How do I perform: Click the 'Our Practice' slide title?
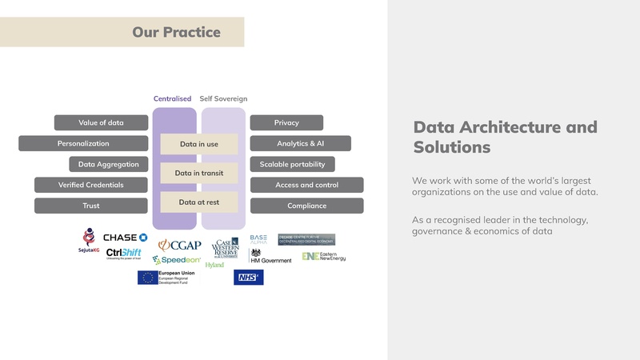pos(176,33)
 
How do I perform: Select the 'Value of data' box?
pos(101,122)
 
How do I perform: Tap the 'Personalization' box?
pos(83,143)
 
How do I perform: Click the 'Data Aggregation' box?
pos(108,164)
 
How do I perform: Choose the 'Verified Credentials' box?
pos(91,185)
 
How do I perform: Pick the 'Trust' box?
pos(91,206)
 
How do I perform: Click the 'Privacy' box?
pos(286,122)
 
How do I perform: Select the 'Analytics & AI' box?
pos(300,143)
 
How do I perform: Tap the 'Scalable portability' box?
pos(292,164)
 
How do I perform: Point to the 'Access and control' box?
pos(306,185)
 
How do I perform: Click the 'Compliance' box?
pos(306,206)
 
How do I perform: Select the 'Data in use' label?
pos(199,144)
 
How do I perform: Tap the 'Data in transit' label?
pos(199,173)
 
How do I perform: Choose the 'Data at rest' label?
pos(199,202)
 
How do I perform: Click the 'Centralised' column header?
pos(172,99)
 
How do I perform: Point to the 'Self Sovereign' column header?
pos(223,99)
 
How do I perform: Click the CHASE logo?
pos(126,238)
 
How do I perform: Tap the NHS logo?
pos(248,278)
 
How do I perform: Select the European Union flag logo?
pos(147,278)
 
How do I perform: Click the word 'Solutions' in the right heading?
pos(451,148)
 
